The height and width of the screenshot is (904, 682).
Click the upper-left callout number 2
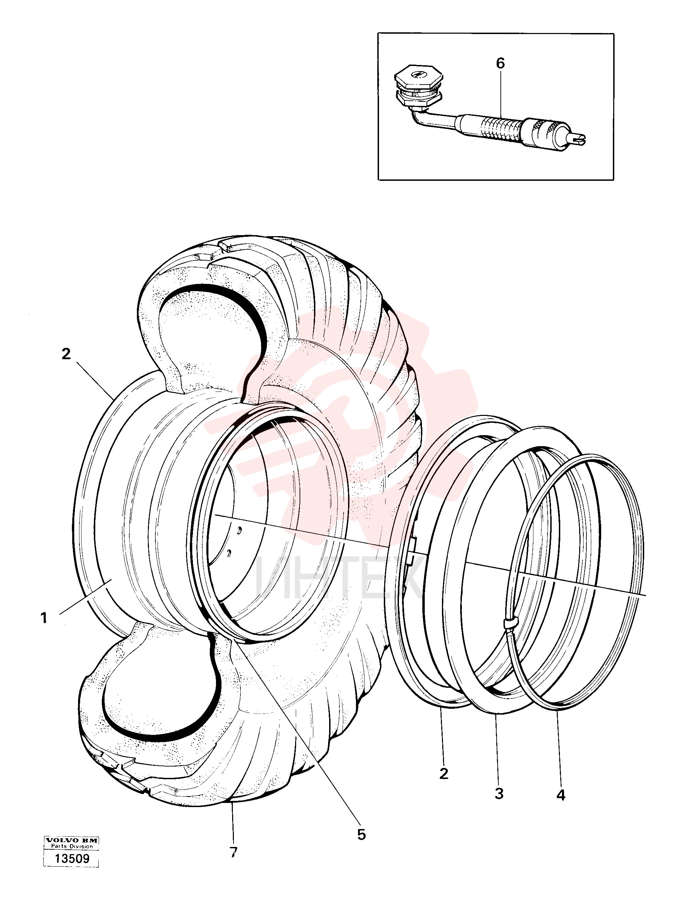pyautogui.click(x=66, y=354)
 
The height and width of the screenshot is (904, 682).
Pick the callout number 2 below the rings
pyautogui.click(x=444, y=773)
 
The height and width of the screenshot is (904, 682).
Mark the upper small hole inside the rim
pyautogui.click(x=240, y=530)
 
